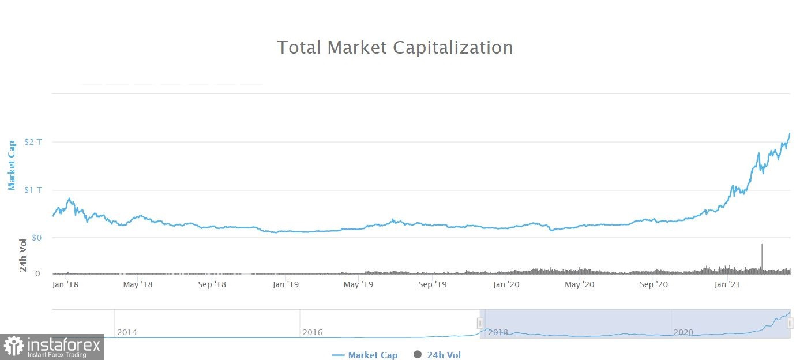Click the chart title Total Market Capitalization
[395, 47]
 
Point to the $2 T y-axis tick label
[32, 142]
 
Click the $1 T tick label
[32, 190]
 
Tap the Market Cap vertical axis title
[12, 165]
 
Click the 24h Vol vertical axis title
[23, 256]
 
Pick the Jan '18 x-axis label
[65, 284]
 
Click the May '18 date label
[138, 284]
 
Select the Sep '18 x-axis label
[212, 284]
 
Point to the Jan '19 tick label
[286, 284]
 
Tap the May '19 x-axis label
[359, 284]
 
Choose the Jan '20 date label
[507, 284]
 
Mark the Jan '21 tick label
[727, 284]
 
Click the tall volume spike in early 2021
[762, 257]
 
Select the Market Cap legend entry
[365, 355]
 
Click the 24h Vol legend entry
[437, 355]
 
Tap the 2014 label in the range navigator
[127, 332]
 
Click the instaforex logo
[52, 347]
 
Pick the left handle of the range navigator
[480, 323]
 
